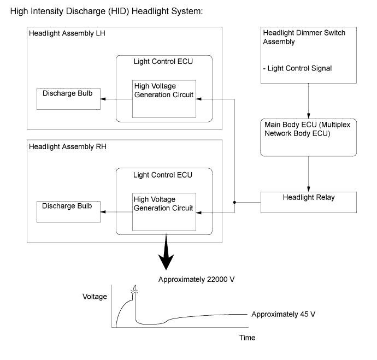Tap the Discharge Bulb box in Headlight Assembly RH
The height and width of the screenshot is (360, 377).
pos(69,211)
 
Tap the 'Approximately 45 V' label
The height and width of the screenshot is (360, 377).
pos(285,315)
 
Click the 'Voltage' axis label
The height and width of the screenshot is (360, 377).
pos(95,297)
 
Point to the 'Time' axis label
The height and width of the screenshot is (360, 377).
pos(247,338)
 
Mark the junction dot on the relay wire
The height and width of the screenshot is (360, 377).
pos(235,203)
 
